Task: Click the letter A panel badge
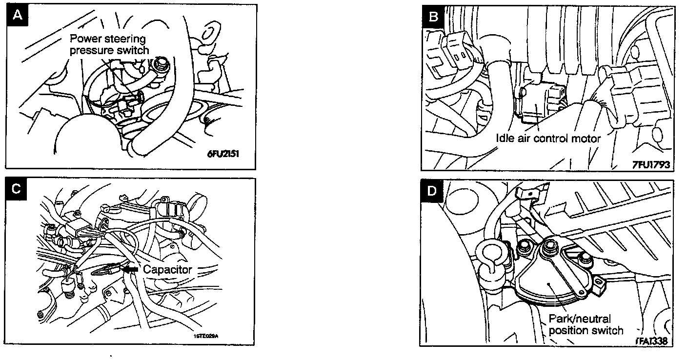[17, 17]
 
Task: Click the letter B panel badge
[433, 18]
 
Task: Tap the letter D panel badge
[431, 191]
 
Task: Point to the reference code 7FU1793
[647, 164]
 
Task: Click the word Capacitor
[167, 269]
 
